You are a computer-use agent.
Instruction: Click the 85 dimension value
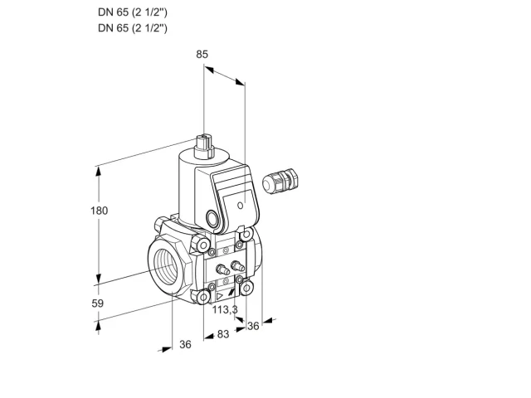[202, 54]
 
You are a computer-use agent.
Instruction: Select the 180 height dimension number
[100, 211]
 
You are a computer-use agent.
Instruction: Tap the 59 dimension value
[98, 303]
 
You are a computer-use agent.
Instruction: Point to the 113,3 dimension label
[225, 309]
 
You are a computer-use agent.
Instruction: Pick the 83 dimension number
[223, 334]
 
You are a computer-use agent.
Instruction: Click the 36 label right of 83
[253, 326]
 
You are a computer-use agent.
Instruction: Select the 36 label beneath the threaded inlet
[185, 344]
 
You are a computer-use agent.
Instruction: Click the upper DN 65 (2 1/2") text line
[133, 12]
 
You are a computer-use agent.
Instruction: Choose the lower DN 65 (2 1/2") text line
[133, 27]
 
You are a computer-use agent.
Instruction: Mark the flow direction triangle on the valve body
[220, 297]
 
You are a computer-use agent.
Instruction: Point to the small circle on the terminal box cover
[241, 206]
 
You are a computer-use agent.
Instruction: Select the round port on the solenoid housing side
[212, 218]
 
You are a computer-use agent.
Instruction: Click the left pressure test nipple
[222, 269]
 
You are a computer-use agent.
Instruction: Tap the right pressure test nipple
[236, 265]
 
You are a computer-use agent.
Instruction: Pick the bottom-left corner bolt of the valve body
[203, 297]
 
